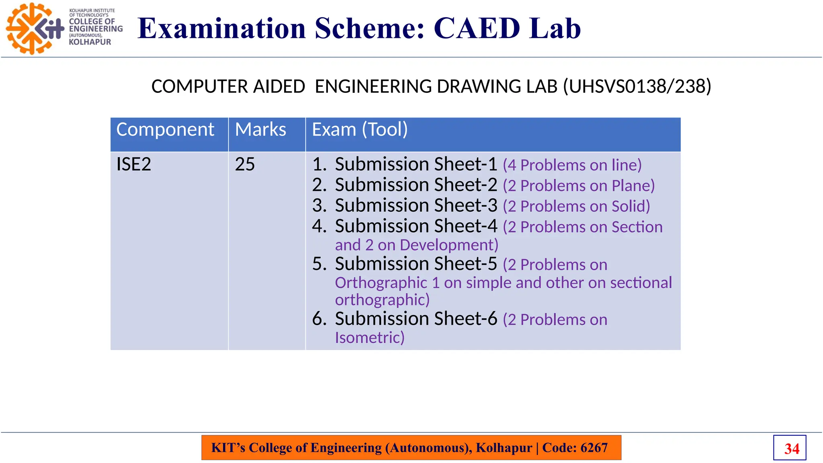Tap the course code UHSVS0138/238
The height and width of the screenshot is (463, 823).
pyautogui.click(x=637, y=86)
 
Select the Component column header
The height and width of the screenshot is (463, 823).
pyautogui.click(x=165, y=130)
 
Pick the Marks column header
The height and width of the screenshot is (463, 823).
pyautogui.click(x=260, y=130)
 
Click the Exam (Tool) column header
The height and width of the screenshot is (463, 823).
pyautogui.click(x=360, y=130)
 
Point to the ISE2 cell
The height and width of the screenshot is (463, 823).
pyautogui.click(x=134, y=164)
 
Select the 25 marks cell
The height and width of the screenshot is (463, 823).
pyautogui.click(x=245, y=164)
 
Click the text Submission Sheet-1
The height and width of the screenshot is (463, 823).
pyautogui.click(x=416, y=164)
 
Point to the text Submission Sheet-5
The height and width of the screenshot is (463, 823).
pyautogui.click(x=416, y=264)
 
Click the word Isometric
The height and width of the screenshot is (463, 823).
pyautogui.click(x=369, y=338)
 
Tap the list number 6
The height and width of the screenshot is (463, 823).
pyautogui.click(x=319, y=319)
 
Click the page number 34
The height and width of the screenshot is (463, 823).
pyautogui.click(x=791, y=449)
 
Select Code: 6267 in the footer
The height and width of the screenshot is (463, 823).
pyautogui.click(x=575, y=448)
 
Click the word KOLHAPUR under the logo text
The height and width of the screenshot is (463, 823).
pyautogui.click(x=90, y=42)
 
